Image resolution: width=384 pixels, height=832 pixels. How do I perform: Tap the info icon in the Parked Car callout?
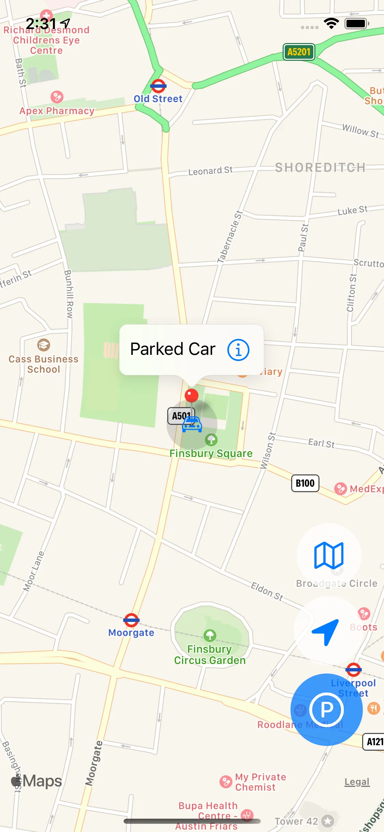[x=238, y=350]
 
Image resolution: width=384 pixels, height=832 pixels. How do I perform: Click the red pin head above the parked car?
[x=191, y=396]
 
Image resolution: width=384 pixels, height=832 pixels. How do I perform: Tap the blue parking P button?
[x=326, y=710]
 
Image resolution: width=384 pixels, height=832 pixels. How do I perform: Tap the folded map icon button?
[x=329, y=555]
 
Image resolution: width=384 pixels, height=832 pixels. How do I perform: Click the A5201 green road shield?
[x=299, y=52]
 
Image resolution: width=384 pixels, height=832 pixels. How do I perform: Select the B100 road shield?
[x=305, y=483]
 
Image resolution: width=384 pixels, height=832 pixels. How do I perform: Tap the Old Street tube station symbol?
[x=158, y=86]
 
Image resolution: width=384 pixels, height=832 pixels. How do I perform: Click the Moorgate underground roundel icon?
[x=131, y=620]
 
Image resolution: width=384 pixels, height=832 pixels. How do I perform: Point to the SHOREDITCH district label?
[x=320, y=167]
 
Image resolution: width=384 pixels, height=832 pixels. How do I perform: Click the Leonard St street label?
[x=210, y=170]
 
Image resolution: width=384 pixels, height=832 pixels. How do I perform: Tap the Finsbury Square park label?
[x=211, y=453]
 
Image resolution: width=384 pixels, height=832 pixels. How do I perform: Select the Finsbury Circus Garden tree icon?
[x=210, y=635]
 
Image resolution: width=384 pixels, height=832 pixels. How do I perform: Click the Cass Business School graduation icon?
[x=44, y=345]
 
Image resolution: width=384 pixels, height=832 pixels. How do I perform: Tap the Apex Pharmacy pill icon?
[x=57, y=97]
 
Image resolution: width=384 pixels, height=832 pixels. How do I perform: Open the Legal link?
[x=357, y=782]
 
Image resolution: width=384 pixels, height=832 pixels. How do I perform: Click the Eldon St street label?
[x=267, y=591]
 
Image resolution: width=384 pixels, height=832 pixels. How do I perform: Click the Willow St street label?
[x=360, y=131]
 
